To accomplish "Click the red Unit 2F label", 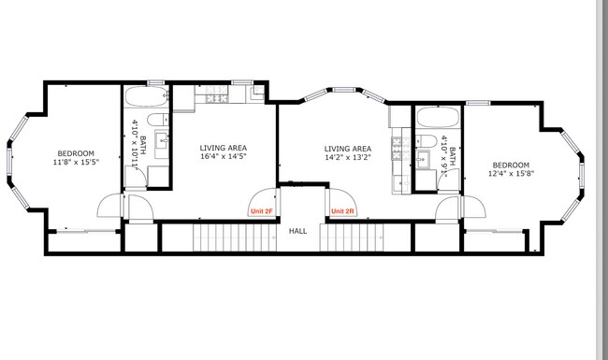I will (261, 211).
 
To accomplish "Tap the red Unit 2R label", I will (343, 211).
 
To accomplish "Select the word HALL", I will (297, 231).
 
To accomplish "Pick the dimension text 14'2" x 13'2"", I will (347, 158).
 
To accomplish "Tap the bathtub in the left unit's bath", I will (145, 98).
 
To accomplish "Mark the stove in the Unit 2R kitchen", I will (397, 142).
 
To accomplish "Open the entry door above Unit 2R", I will (338, 198).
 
